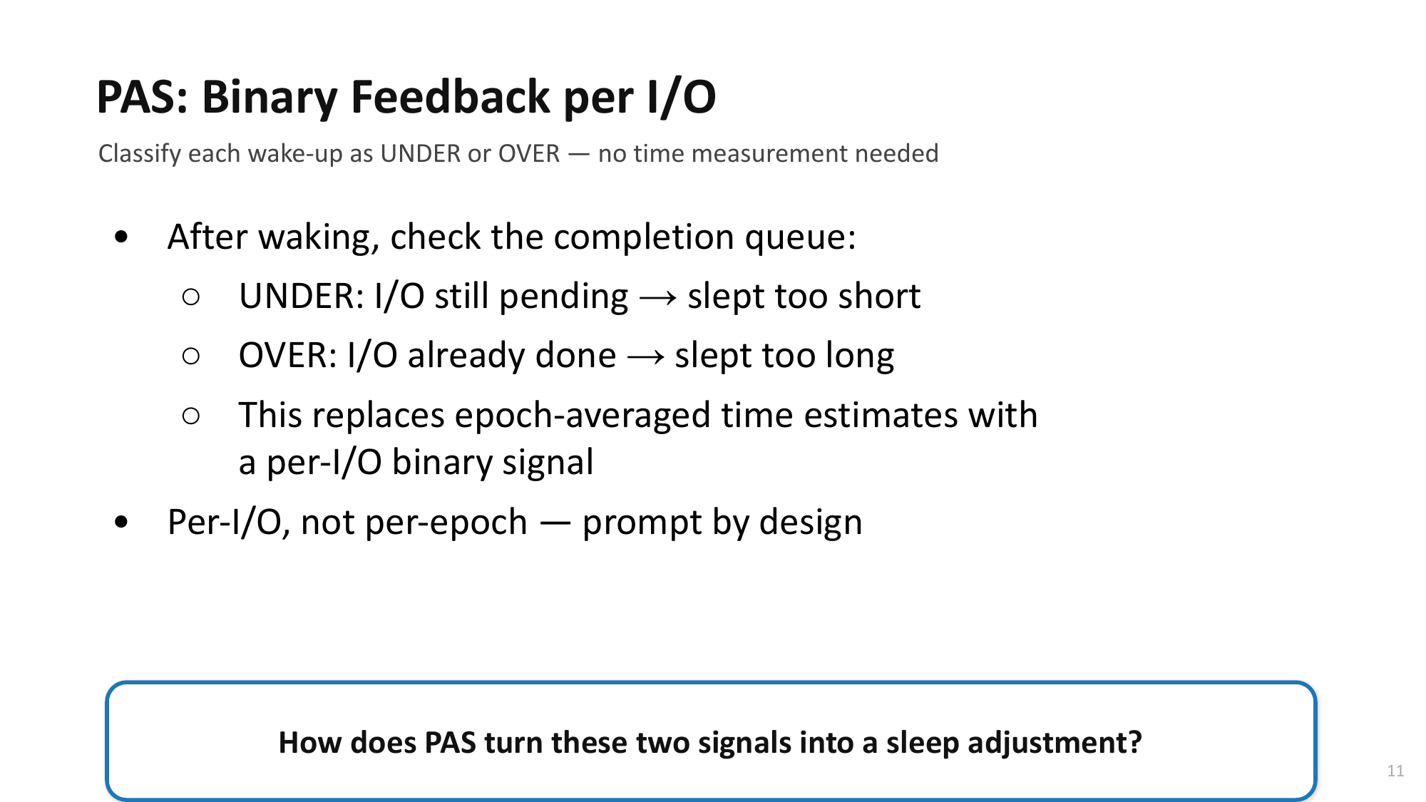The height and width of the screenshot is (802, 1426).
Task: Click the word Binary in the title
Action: [x=270, y=98]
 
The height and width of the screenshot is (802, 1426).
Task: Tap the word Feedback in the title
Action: [x=451, y=97]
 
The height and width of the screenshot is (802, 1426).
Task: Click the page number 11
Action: [x=1395, y=771]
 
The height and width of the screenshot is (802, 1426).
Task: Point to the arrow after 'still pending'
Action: [x=658, y=298]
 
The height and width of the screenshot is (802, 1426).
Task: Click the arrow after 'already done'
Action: [x=646, y=357]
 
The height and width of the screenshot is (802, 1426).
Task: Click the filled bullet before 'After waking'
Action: [x=121, y=237]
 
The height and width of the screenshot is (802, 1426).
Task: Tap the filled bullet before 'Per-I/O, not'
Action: [x=121, y=523]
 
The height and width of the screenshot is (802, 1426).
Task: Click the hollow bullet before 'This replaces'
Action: [x=190, y=416]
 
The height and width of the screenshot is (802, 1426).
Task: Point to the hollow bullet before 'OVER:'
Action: [x=190, y=356]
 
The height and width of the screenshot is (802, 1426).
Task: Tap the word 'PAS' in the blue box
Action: [x=450, y=743]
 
